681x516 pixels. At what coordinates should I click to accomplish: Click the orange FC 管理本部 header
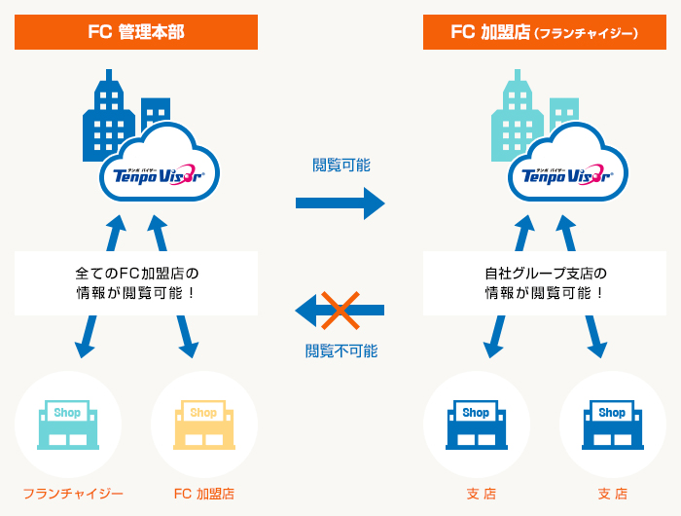coord(136,33)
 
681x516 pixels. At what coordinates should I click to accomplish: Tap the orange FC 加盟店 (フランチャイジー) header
coord(545,33)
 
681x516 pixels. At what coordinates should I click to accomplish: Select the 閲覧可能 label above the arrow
coord(340,165)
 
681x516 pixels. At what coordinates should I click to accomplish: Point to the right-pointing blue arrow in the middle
coord(340,203)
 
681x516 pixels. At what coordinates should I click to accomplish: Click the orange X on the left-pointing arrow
coord(340,311)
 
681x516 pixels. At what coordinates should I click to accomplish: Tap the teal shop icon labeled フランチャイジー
coord(67,424)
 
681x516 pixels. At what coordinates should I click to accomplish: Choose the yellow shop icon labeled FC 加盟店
coord(203,424)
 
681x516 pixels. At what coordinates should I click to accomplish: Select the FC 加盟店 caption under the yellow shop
coord(203,494)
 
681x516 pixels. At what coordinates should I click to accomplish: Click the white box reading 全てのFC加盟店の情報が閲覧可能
coord(136,282)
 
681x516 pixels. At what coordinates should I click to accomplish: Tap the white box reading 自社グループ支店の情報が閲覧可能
coord(545,282)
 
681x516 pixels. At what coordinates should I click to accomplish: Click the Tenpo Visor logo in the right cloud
coord(567,175)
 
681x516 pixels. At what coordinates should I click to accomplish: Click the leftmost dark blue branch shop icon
coord(476,424)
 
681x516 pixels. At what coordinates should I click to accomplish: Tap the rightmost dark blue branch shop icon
coord(612,424)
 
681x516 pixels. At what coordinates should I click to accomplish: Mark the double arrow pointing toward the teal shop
coord(101,287)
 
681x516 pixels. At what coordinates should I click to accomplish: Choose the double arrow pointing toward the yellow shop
coord(172,287)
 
